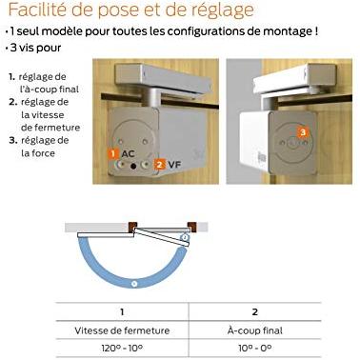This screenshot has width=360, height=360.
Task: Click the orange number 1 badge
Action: [x=113, y=153]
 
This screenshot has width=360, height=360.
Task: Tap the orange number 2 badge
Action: [x=160, y=164]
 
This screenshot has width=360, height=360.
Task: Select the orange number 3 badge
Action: [x=303, y=131]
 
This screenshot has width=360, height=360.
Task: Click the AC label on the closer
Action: [x=128, y=154]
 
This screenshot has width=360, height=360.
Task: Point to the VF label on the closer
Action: [x=174, y=164]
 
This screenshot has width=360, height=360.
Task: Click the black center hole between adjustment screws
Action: [x=133, y=166]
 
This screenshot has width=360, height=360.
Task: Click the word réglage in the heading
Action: [x=222, y=10]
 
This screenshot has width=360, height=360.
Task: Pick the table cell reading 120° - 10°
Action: [x=122, y=349]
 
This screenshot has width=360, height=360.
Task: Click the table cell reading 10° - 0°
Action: [x=255, y=349]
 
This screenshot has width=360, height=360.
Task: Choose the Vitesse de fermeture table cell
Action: [x=122, y=330]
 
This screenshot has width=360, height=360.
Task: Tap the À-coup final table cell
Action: [x=255, y=330]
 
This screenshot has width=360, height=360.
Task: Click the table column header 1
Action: [x=122, y=312]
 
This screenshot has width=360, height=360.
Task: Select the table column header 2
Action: [x=255, y=312]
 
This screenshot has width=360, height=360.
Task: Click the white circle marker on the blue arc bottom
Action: [x=134, y=283]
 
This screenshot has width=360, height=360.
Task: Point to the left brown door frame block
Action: [x=132, y=227]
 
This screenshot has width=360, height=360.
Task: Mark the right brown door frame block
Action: [x=191, y=227]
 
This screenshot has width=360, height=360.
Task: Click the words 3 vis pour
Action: [x=35, y=49]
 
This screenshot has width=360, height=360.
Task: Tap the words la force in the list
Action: [x=38, y=153]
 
